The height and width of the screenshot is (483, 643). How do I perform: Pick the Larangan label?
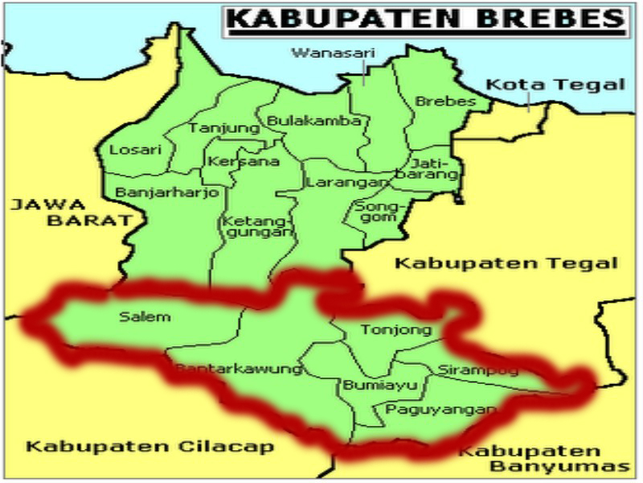pos(335,183)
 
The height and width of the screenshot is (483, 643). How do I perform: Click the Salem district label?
pos(133,316)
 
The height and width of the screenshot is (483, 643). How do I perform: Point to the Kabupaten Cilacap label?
pos(149,447)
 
